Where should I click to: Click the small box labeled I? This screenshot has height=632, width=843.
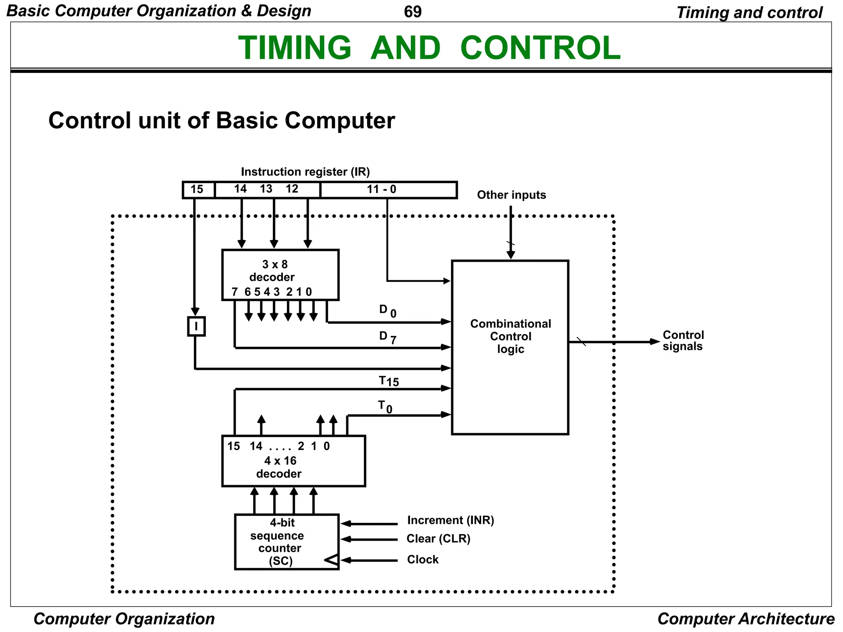[x=196, y=326]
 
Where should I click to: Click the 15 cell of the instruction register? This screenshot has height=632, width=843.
[x=198, y=190]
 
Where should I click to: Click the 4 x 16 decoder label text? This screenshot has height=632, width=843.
[x=279, y=467]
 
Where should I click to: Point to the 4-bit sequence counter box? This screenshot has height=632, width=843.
[x=286, y=541]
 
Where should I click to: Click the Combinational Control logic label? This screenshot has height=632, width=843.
[x=510, y=336]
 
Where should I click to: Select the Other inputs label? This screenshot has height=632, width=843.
[x=511, y=195]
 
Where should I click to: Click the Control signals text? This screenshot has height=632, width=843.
[x=683, y=341]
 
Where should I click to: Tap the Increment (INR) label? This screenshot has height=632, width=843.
[x=450, y=520]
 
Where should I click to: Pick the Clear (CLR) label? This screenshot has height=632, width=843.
[x=438, y=539]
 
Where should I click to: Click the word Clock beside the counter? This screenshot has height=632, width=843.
[x=423, y=560]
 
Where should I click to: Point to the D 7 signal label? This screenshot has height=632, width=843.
[x=387, y=337]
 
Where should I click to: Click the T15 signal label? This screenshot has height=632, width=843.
[x=389, y=381]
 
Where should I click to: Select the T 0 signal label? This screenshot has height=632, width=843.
[x=385, y=407]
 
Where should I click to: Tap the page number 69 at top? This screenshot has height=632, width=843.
[x=412, y=12]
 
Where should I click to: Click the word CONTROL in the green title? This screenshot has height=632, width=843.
[x=540, y=48]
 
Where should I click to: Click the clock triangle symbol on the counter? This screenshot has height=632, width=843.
[x=332, y=560]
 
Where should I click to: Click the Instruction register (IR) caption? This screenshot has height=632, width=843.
[x=305, y=172]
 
